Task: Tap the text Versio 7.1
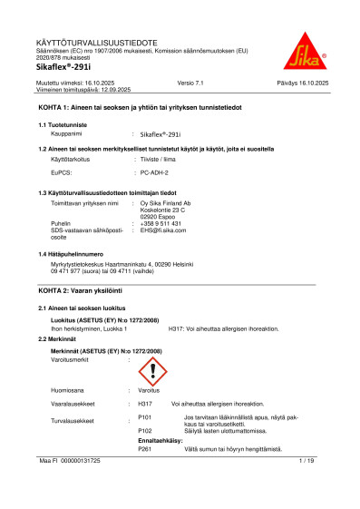pos(193,83)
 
